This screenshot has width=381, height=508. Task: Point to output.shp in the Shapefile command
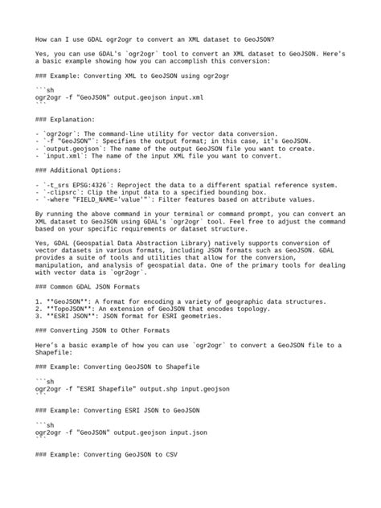[165, 388]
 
